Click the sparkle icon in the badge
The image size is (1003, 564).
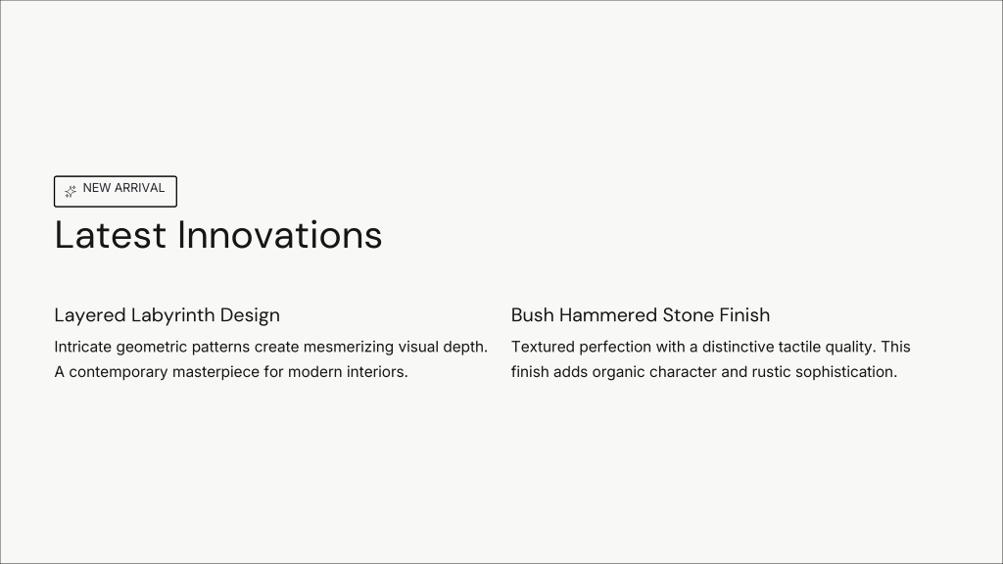tap(71, 191)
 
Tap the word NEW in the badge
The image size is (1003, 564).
tap(97, 188)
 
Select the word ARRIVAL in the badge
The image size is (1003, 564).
tap(139, 188)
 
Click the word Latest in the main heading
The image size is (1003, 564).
tap(111, 235)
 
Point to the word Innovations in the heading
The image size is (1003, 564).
tap(279, 235)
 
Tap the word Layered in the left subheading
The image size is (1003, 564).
tap(90, 315)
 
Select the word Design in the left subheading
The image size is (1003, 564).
tap(250, 315)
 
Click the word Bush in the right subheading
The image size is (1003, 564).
tap(532, 314)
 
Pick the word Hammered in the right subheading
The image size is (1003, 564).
tap(608, 314)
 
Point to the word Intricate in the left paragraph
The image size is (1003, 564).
tap(83, 348)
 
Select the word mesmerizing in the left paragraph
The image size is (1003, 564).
tap(349, 348)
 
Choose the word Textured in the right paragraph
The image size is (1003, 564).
tap(543, 347)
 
